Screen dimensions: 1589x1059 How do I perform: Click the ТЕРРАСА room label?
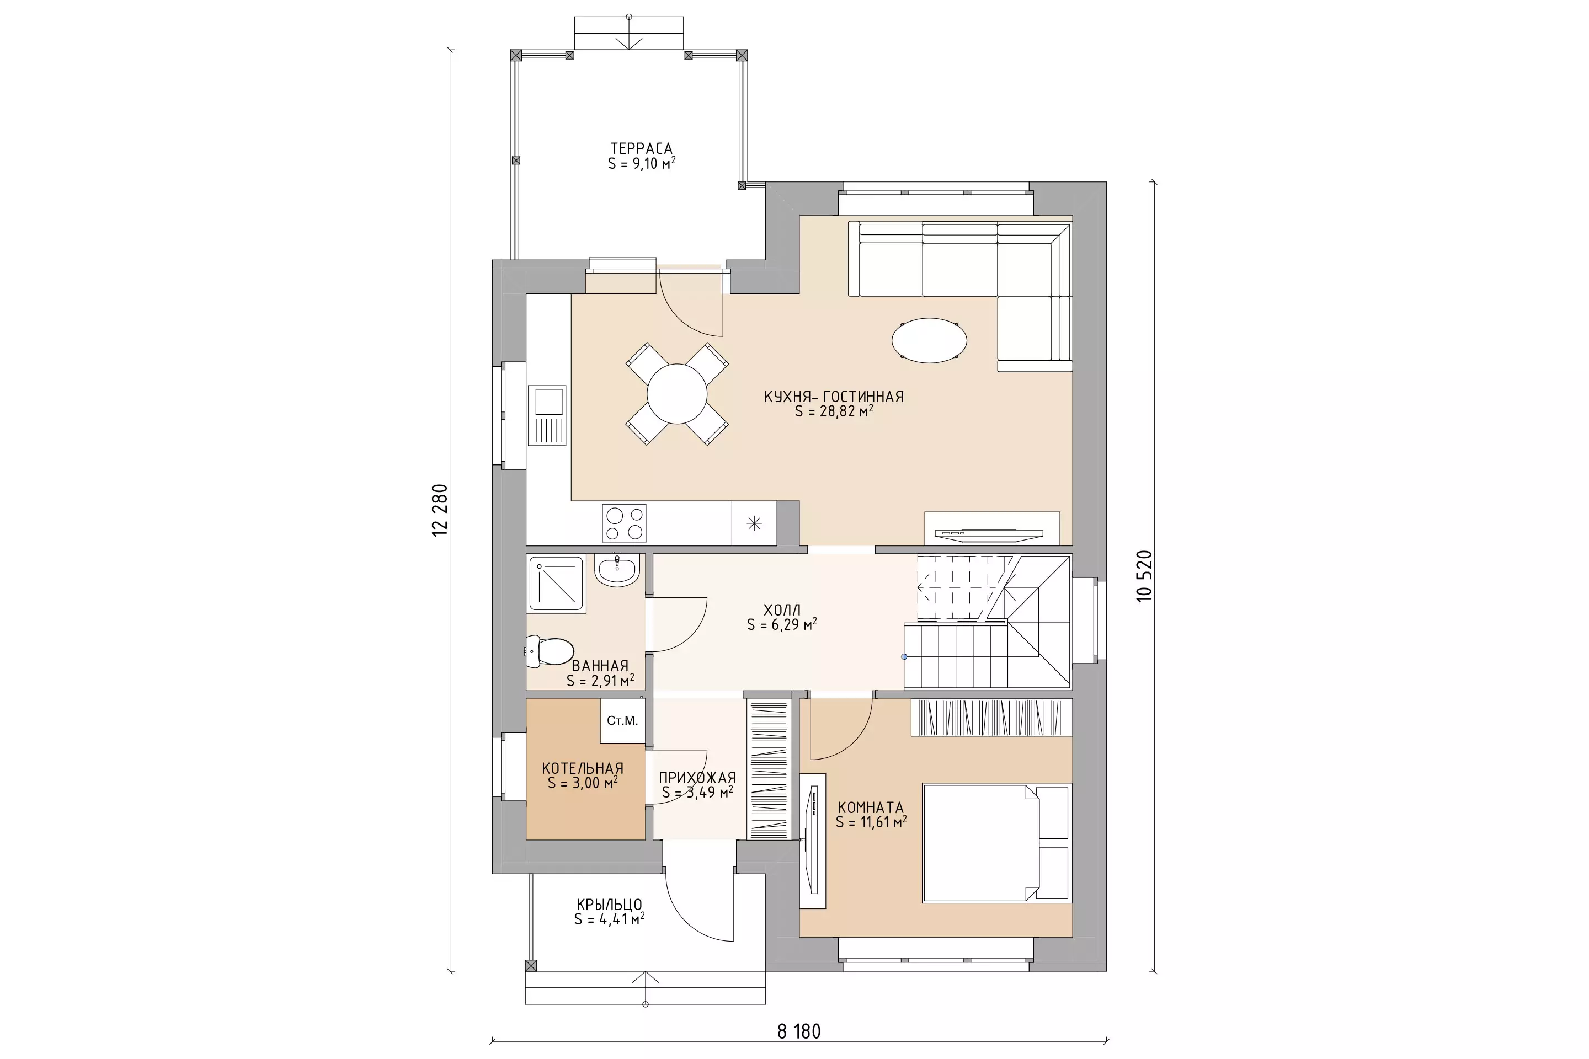pyautogui.click(x=641, y=148)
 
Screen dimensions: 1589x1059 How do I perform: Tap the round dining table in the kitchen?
pyautogui.click(x=677, y=394)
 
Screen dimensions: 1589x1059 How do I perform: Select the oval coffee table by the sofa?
pyautogui.click(x=929, y=340)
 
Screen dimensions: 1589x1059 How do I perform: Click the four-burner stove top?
pyautogui.click(x=624, y=523)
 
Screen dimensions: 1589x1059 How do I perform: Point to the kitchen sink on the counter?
pyautogui.click(x=547, y=415)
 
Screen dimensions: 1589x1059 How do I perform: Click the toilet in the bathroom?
pyautogui.click(x=550, y=651)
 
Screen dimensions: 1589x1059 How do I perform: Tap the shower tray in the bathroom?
pyautogui.click(x=556, y=584)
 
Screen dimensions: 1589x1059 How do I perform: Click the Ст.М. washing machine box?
pyautogui.click(x=622, y=721)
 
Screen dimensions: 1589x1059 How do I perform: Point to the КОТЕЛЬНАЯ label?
pyautogui.click(x=583, y=768)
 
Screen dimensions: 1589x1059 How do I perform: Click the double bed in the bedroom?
pyautogui.click(x=997, y=842)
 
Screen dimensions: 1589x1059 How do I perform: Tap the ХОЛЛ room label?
pyautogui.click(x=782, y=610)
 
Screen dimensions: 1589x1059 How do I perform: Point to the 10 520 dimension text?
pyautogui.click(x=1144, y=576)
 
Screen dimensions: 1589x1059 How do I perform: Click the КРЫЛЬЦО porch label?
pyautogui.click(x=609, y=905)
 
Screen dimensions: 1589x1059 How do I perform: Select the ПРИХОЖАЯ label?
pyautogui.click(x=697, y=777)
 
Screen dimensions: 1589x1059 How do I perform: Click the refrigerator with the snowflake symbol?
pyautogui.click(x=754, y=523)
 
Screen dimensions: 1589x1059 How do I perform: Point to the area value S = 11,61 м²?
pyautogui.click(x=871, y=822)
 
